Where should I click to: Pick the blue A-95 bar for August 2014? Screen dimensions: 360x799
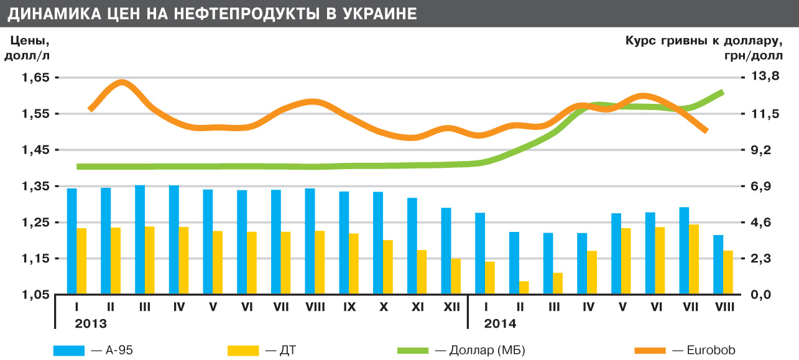point(718,264)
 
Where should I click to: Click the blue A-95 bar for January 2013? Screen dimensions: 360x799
point(72,241)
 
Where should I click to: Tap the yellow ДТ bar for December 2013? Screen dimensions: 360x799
point(456,275)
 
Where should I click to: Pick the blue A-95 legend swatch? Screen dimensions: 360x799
point(70,351)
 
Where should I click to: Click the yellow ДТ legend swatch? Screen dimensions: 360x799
point(244,351)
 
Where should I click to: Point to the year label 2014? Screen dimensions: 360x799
point(500,324)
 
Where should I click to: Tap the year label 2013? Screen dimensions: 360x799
point(91,324)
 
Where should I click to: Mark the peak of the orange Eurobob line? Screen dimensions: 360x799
point(122,82)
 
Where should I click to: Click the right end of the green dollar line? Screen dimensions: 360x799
point(722,91)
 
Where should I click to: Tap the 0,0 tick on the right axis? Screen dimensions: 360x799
point(762,295)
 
